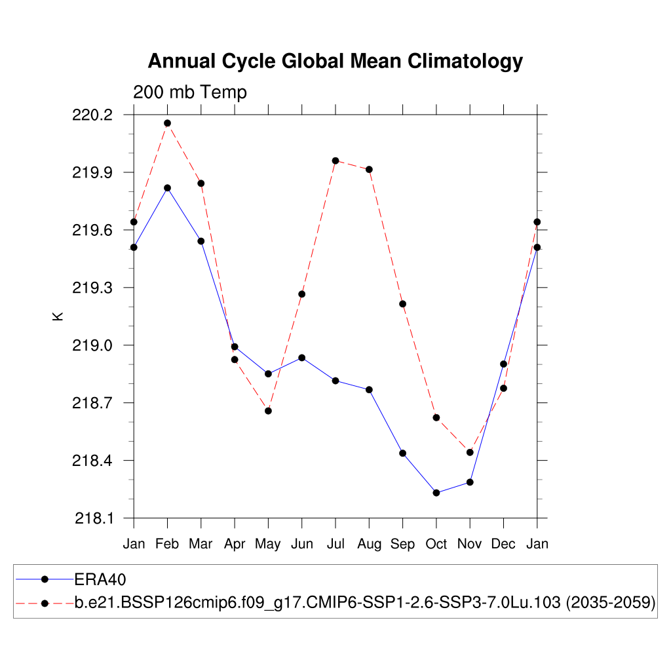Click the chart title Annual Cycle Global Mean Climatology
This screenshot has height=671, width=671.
335,62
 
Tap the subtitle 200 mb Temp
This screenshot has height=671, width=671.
190,92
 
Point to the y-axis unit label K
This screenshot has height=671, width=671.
57,316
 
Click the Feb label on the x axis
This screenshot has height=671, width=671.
167,544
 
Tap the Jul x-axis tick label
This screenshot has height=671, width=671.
335,544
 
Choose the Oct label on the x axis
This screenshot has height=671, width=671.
436,544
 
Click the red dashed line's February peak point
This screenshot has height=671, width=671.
167,123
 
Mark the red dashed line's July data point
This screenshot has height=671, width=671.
335,161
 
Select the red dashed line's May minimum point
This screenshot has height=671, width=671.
268,411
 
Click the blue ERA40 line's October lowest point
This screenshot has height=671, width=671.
436,493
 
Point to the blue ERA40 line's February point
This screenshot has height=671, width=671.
167,188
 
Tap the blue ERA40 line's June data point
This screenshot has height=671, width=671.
301,358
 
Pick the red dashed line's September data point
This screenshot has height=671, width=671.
402,304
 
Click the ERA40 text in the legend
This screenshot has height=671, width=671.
100,579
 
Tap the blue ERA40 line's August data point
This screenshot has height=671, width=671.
369,390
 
